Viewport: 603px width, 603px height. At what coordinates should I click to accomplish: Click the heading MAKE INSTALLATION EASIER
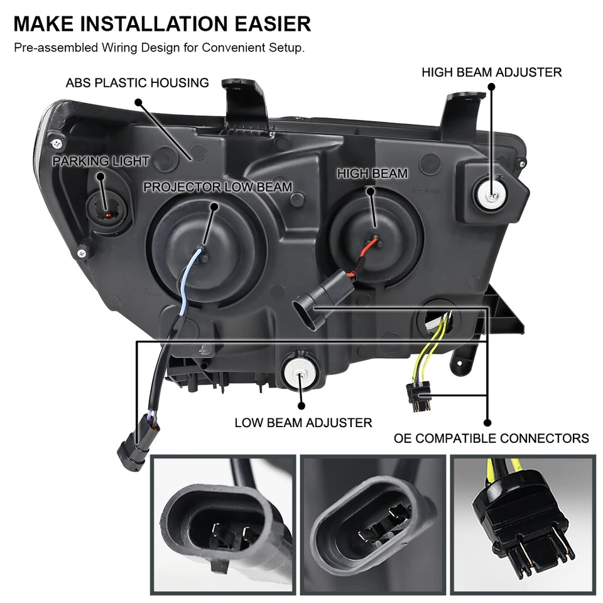click(162, 24)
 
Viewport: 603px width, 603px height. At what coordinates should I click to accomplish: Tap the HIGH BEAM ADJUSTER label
click(491, 72)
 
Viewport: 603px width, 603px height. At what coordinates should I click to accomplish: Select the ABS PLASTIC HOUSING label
click(137, 82)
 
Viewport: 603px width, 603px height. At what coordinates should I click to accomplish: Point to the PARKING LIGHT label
click(100, 161)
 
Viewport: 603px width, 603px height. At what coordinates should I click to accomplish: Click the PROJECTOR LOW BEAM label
click(217, 187)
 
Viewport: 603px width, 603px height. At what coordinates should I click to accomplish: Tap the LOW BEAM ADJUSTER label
click(303, 423)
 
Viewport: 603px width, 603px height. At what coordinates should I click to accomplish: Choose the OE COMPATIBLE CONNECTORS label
click(491, 438)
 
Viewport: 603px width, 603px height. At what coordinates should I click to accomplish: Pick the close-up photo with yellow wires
click(522, 524)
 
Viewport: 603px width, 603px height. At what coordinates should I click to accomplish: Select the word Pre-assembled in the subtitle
click(52, 48)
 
